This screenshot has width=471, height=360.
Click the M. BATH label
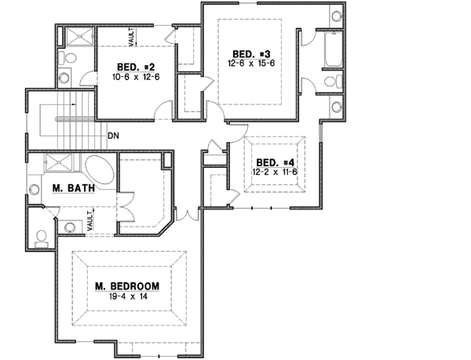click(69, 188)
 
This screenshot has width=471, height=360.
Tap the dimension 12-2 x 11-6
click(272, 173)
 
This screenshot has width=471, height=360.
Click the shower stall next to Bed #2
click(77, 37)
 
